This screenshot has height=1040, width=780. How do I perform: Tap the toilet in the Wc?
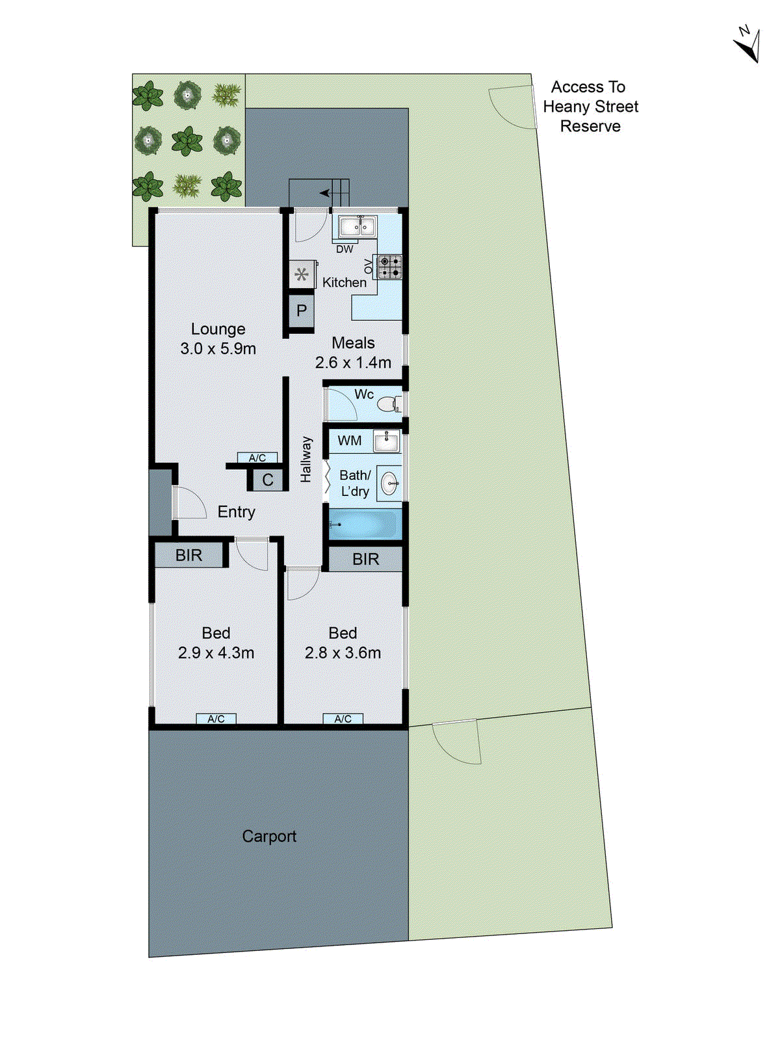pyautogui.click(x=388, y=404)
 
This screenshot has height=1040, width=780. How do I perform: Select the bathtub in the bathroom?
pyautogui.click(x=364, y=524)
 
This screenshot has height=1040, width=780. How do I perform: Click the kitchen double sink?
pyautogui.click(x=356, y=226)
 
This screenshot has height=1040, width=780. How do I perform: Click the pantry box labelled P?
pyautogui.click(x=302, y=311)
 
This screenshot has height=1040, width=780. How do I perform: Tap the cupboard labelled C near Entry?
pyautogui.click(x=268, y=480)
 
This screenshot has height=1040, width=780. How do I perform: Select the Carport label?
pyautogui.click(x=269, y=836)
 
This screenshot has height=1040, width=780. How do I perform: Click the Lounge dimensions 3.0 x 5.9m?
pyautogui.click(x=218, y=348)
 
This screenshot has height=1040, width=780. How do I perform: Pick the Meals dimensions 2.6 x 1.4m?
pyautogui.click(x=353, y=363)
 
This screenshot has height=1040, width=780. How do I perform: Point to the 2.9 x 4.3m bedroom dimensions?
pyautogui.click(x=216, y=653)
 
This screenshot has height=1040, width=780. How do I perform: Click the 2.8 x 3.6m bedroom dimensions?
pyautogui.click(x=343, y=653)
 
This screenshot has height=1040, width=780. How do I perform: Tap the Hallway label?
pyautogui.click(x=306, y=459)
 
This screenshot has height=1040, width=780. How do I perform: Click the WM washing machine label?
pyautogui.click(x=350, y=441)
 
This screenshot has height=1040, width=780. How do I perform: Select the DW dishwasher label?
pyautogui.click(x=344, y=249)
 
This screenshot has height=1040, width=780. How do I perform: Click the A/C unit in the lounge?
pyautogui.click(x=257, y=458)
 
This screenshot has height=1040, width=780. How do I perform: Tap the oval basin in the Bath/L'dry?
pyautogui.click(x=390, y=483)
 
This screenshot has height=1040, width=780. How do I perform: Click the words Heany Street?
pyautogui.click(x=591, y=107)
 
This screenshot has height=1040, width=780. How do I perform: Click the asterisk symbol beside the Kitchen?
pyautogui.click(x=302, y=274)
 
